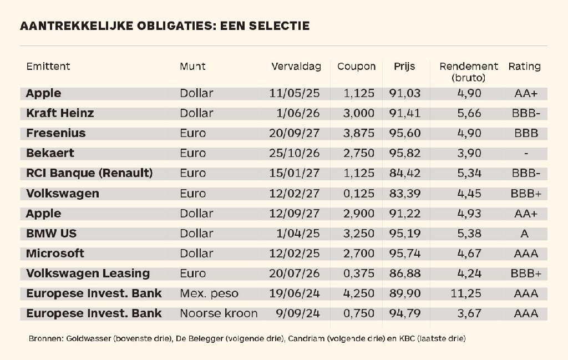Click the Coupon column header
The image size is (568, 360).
click(356, 67)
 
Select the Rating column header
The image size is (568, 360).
click(524, 67)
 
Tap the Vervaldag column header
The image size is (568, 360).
click(296, 67)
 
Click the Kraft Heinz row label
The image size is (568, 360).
click(60, 113)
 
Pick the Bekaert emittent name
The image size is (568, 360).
click(50, 153)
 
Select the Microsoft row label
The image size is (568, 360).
click(55, 253)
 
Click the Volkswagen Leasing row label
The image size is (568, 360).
click(88, 273)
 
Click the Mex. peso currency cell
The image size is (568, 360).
click(209, 293)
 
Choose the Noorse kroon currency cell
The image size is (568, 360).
click(219, 313)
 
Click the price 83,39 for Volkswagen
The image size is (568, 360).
click(405, 194)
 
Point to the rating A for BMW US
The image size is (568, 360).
click(525, 234)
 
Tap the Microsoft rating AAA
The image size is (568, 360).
click(525, 253)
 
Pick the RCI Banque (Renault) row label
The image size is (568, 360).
click(89, 173)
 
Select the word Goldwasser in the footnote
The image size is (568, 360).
click(87, 338)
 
